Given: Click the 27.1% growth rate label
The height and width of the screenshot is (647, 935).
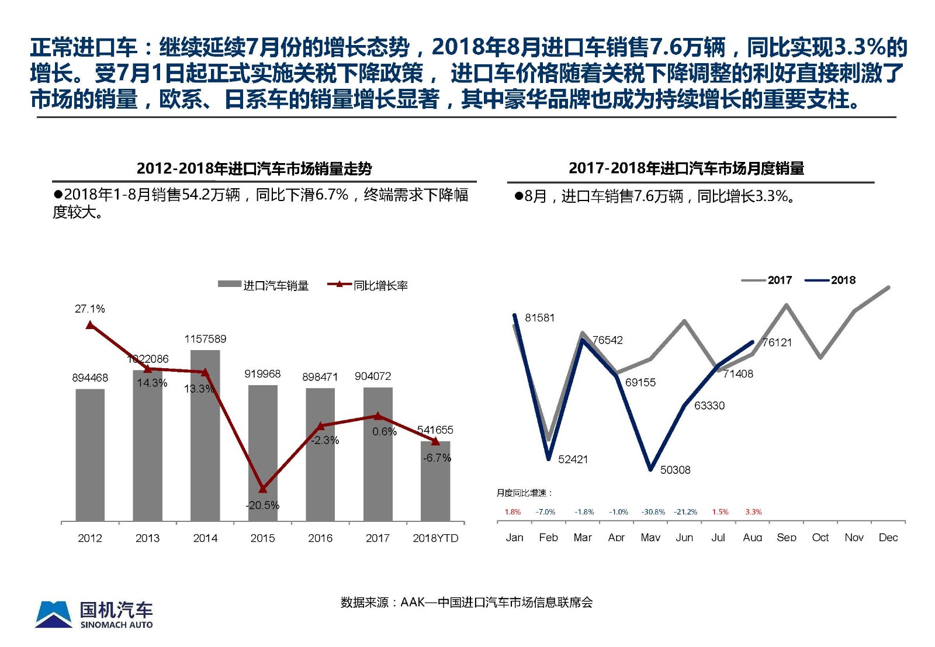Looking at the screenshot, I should tap(90, 309).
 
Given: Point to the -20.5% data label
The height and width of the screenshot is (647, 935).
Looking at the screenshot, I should tap(262, 505).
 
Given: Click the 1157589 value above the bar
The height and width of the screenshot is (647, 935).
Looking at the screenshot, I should tap(205, 339).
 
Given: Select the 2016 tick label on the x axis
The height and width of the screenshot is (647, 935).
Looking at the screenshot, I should tap(320, 538).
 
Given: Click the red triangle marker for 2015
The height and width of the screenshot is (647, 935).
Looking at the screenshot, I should tap(262, 489).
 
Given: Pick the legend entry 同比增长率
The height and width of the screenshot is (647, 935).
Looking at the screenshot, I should tap(368, 285).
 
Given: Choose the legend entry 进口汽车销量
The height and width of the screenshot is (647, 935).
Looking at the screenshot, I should tap(264, 285).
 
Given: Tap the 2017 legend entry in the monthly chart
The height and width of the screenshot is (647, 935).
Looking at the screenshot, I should tap(767, 281).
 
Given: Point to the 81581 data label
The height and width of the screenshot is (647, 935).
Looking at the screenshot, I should tap(539, 318).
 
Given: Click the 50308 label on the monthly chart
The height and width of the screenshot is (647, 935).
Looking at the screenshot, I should tap(675, 470).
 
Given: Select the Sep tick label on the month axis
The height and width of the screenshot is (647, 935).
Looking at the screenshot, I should tap(787, 537).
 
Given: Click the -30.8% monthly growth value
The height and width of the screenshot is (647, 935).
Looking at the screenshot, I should tap(653, 512).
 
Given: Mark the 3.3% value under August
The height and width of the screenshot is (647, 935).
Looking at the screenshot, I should tap(753, 512).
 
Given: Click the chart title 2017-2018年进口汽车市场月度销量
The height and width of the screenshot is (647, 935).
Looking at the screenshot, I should tap(686, 168).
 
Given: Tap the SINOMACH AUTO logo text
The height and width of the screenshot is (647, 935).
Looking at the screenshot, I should tap(116, 625).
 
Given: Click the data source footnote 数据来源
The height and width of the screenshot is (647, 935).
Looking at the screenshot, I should tap(466, 602).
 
